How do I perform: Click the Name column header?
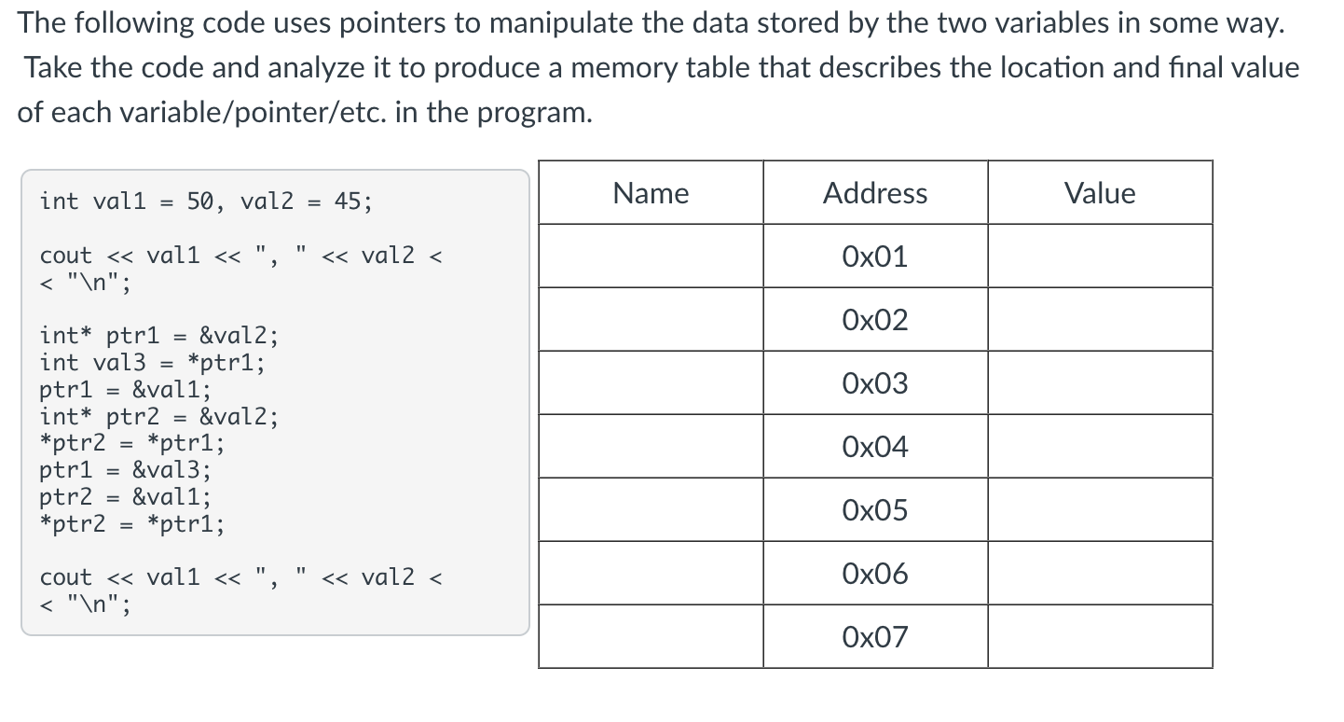click(651, 193)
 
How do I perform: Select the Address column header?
click(875, 193)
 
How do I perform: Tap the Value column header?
click(1100, 193)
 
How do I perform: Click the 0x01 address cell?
click(875, 257)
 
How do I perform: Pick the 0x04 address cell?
click(875, 447)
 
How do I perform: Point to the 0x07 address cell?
click(875, 637)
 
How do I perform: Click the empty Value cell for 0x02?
click(1100, 320)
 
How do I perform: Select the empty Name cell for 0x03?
click(651, 383)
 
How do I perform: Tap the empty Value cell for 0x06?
click(1100, 574)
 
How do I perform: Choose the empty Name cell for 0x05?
click(651, 510)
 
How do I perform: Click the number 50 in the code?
click(200, 201)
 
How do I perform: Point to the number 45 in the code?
click(348, 201)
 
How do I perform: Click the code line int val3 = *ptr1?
click(152, 363)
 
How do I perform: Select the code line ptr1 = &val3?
click(125, 470)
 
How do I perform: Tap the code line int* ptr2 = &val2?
click(158, 417)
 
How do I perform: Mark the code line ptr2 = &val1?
click(125, 497)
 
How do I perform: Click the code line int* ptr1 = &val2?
click(158, 336)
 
